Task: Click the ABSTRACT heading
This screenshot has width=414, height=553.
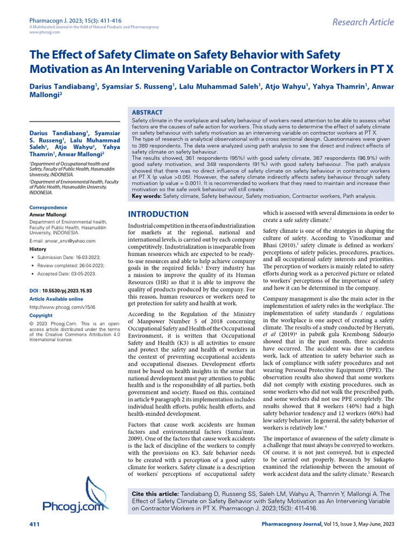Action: [148, 112]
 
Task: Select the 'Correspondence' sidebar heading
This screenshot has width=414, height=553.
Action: [48, 207]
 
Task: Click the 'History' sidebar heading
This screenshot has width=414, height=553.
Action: [38, 249]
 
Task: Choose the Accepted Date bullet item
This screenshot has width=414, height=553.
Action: [67, 274]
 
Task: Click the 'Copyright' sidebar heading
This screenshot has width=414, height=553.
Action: [41, 315]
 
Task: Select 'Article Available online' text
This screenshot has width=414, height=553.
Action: [56, 299]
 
